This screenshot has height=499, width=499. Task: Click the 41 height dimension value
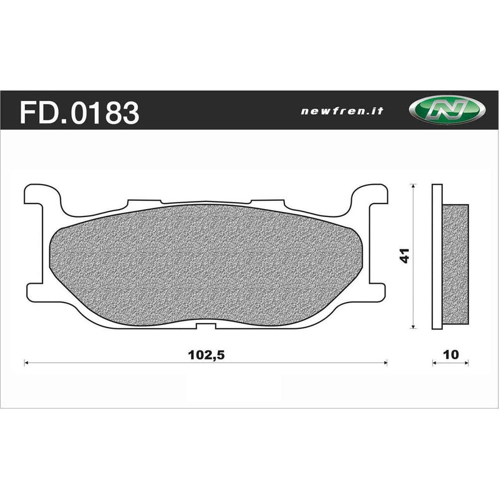pyautogui.click(x=405, y=256)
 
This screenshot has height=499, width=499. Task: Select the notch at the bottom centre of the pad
pyautogui.click(x=206, y=326)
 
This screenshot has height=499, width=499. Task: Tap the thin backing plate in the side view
pyautogui.click(x=437, y=256)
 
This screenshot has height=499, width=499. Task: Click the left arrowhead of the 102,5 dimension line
pyautogui.click(x=26, y=361)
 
